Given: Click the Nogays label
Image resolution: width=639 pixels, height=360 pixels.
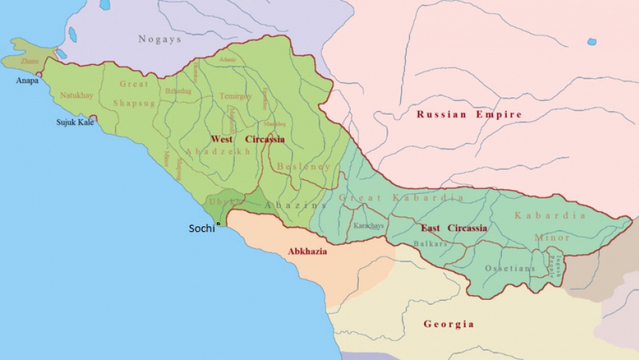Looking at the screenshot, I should click(x=160, y=40).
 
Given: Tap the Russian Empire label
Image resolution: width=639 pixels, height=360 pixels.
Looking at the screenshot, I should click(x=469, y=115).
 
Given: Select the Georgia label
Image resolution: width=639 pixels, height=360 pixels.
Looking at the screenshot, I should click(x=448, y=324).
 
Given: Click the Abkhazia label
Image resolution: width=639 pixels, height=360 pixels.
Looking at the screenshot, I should click(x=307, y=251).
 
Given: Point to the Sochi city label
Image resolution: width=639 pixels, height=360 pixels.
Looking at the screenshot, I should click(x=201, y=229).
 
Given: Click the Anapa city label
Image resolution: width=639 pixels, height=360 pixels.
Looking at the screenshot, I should click(x=27, y=80).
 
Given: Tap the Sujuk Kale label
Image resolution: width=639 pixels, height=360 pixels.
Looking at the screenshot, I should click(x=74, y=123).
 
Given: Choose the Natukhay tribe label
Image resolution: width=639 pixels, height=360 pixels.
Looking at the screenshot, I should click(x=76, y=95).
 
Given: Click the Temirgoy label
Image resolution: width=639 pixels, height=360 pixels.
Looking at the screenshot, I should click(x=235, y=97).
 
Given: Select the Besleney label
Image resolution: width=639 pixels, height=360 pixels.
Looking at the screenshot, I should click(x=303, y=166).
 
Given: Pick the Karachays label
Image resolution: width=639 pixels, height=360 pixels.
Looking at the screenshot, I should click(x=369, y=226).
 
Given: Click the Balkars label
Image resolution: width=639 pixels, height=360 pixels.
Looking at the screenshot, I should click(x=430, y=243).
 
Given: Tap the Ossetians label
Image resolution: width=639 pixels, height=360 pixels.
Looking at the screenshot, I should click(x=510, y=269).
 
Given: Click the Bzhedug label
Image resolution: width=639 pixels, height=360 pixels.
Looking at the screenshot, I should click(x=178, y=91).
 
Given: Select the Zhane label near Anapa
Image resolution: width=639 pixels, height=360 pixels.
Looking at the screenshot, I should click(x=30, y=61).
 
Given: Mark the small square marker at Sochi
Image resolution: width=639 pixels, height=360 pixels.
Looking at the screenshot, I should click(x=218, y=224).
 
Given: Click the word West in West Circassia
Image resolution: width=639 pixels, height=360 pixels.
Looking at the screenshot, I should click(x=222, y=139).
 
